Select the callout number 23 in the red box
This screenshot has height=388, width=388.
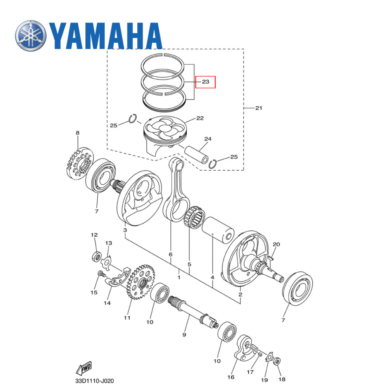205,82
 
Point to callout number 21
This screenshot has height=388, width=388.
258,108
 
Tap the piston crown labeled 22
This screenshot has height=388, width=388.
165,130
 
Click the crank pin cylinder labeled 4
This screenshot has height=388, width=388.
218,230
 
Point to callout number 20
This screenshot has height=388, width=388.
276,244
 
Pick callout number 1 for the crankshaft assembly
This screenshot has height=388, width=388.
179,278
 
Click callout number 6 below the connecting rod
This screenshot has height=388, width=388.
170,254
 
